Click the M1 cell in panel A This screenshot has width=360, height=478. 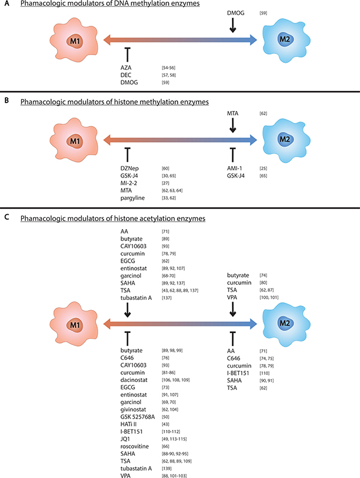[x=71, y=41]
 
